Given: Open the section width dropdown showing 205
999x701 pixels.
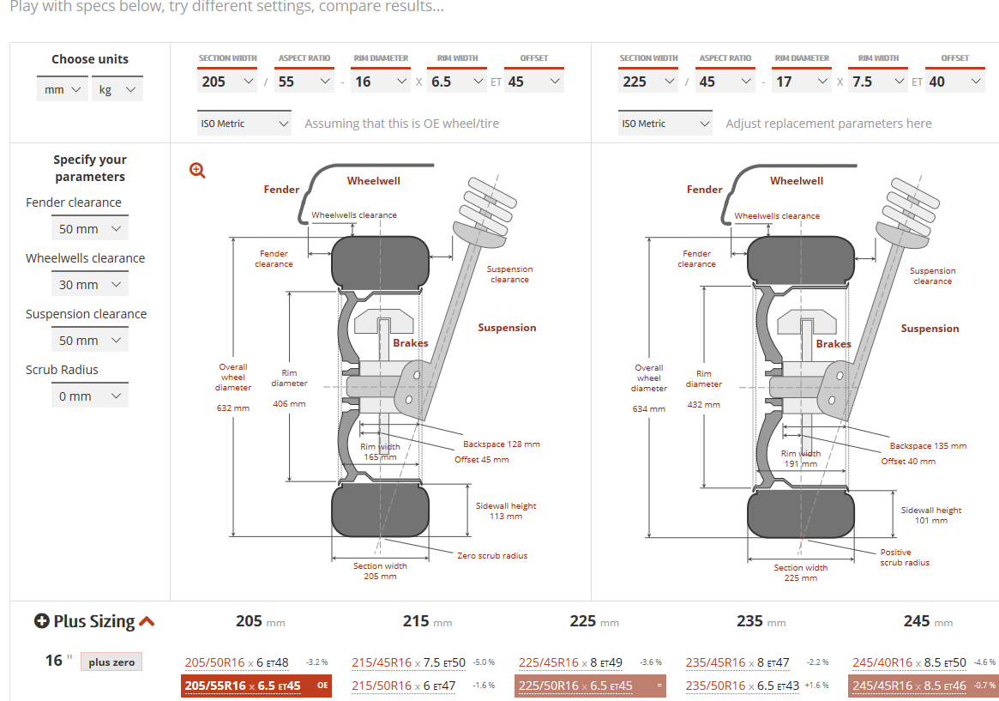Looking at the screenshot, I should [x=226, y=82].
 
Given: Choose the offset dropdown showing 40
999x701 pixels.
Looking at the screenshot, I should [x=955, y=82].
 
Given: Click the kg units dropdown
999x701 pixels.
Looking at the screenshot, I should [x=117, y=89].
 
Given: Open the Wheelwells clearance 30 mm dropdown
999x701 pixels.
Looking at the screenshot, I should [x=89, y=285].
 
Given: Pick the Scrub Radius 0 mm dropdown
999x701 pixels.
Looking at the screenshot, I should [x=89, y=396].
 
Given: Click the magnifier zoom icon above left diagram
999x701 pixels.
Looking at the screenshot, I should [x=198, y=170].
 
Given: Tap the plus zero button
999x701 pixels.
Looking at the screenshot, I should [x=111, y=662].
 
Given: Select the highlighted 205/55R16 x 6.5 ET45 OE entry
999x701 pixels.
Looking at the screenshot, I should [x=256, y=686].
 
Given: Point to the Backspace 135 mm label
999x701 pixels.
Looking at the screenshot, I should [x=928, y=446].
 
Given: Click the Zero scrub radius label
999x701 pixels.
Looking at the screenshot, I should [x=492, y=556].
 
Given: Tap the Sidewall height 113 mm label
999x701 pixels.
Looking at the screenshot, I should [x=506, y=511].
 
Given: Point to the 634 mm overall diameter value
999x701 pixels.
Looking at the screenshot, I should [x=649, y=409].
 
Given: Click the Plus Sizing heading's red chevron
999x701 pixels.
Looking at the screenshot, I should [x=147, y=621].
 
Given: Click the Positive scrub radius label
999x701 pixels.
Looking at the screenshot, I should [x=905, y=558].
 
